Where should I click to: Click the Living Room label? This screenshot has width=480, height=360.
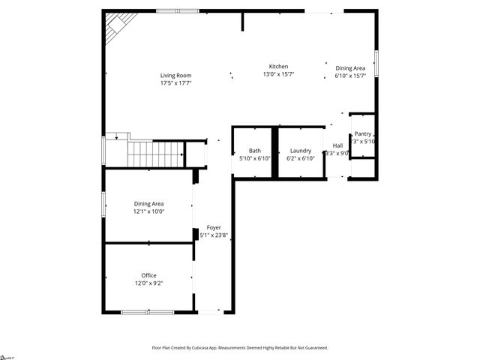pyautogui.click(x=175, y=75)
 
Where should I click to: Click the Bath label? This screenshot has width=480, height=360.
pyautogui.click(x=255, y=151)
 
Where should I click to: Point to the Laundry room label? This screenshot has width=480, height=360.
pyautogui.click(x=301, y=151)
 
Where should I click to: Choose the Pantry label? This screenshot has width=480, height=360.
pyautogui.click(x=363, y=133)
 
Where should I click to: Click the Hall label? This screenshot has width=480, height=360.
pyautogui.click(x=337, y=145)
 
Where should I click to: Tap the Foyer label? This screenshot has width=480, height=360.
pyautogui.click(x=214, y=227)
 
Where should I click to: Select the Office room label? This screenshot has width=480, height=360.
pyautogui.click(x=148, y=275)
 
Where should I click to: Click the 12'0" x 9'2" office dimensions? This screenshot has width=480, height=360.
pyautogui.click(x=148, y=283)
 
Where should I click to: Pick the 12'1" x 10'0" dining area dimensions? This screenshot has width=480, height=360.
pyautogui.click(x=148, y=211)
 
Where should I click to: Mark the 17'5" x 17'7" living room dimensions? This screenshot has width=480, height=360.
pyautogui.click(x=175, y=83)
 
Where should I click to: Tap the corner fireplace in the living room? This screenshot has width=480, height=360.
pyautogui.click(x=116, y=28)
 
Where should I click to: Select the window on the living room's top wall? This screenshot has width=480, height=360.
pyautogui.click(x=178, y=10)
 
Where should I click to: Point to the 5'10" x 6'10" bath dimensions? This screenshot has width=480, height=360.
pyautogui.click(x=255, y=159)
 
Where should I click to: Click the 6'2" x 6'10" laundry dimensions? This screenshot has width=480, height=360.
pyautogui.click(x=301, y=159)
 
